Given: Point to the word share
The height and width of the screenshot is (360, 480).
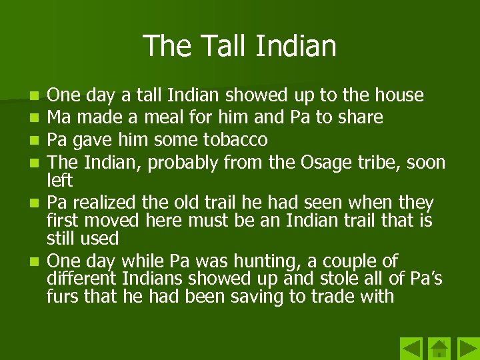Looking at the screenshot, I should [359, 117].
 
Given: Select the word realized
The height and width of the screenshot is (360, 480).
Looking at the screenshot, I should [104, 202].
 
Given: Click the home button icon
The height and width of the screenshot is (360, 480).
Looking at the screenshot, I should [439, 349].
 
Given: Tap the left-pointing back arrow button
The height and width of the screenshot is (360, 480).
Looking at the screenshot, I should [411, 349].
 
